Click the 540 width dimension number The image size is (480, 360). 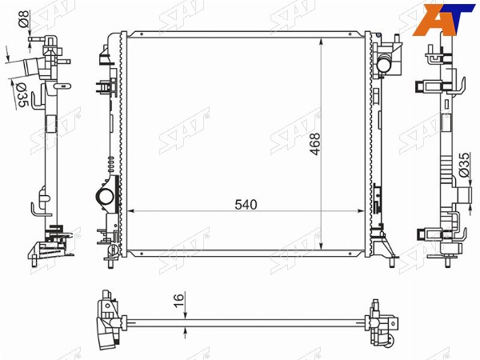[x=246, y=205]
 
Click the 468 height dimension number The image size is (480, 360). [x=314, y=144]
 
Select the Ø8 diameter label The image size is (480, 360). [x=24, y=19]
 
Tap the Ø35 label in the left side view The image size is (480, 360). [x=22, y=95]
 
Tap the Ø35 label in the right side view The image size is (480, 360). [x=464, y=165]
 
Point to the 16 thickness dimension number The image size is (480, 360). [x=178, y=300]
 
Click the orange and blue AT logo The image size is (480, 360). [x=443, y=20]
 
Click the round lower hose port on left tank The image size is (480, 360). [x=105, y=196]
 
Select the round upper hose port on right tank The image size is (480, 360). [x=383, y=64]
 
